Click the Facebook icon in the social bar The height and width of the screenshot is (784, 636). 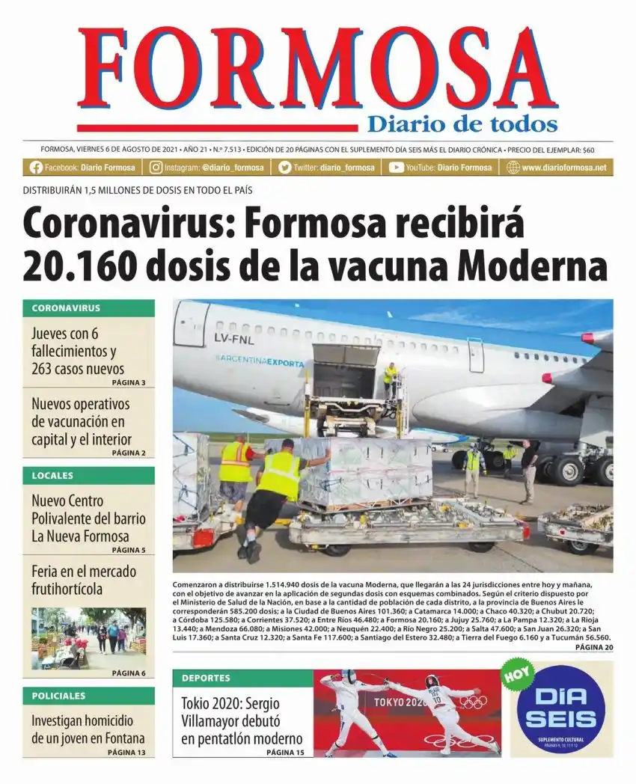[x=35, y=168]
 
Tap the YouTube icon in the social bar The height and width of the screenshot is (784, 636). [x=396, y=168]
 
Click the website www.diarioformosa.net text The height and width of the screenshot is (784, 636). [x=563, y=168]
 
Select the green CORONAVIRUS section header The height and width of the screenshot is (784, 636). [x=88, y=307]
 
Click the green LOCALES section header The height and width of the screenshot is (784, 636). [x=88, y=475]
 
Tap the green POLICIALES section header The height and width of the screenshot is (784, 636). [x=88, y=696]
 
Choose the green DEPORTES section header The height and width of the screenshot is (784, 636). [x=242, y=678]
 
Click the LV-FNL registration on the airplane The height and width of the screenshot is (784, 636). [x=234, y=340]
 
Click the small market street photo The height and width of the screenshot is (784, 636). [x=88, y=637]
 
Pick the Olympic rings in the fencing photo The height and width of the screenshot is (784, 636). [x=472, y=702]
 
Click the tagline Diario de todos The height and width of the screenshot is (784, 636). [x=462, y=123]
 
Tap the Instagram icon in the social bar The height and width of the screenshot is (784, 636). [x=156, y=168]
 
